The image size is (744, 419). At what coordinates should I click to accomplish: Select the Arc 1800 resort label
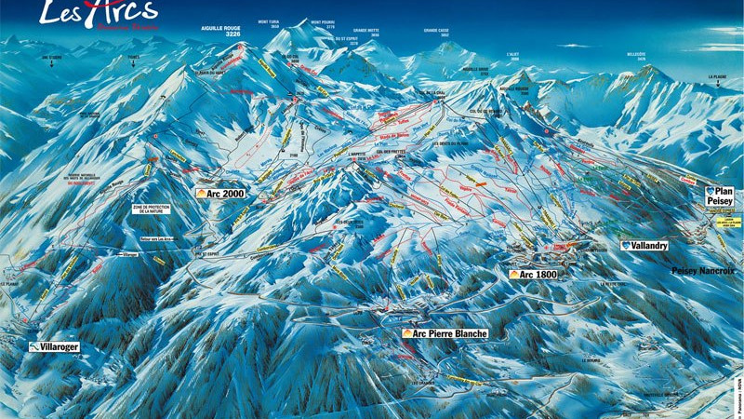pos(538,275)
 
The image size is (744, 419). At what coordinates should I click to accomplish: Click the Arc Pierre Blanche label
pos(444,332)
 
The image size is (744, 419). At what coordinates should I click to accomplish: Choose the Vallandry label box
pos(644,246)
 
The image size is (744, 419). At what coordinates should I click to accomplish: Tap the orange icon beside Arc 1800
pos(514,275)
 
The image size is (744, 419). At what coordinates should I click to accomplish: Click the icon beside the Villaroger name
pos(33,346)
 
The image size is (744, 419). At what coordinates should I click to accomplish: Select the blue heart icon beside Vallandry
pos(626,246)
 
